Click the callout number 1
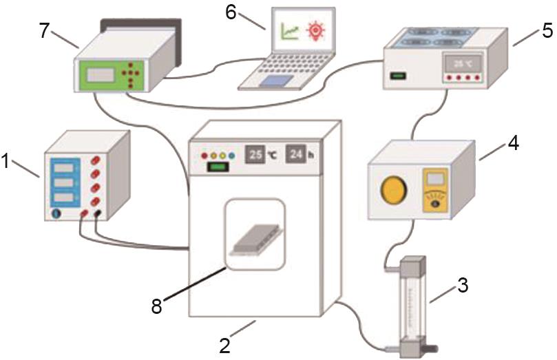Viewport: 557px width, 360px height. pyautogui.click(x=6, y=162)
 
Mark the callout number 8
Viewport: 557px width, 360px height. pyautogui.click(x=157, y=306)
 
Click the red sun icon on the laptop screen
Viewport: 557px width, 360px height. pyautogui.click(x=316, y=30)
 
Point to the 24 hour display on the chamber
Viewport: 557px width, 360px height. pyautogui.click(x=295, y=154)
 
